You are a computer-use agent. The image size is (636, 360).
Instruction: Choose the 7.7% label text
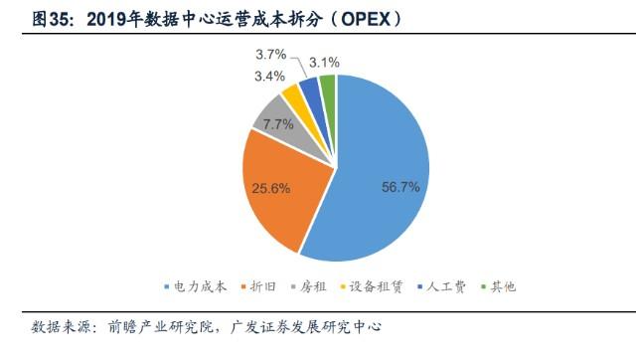point(277,125)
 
